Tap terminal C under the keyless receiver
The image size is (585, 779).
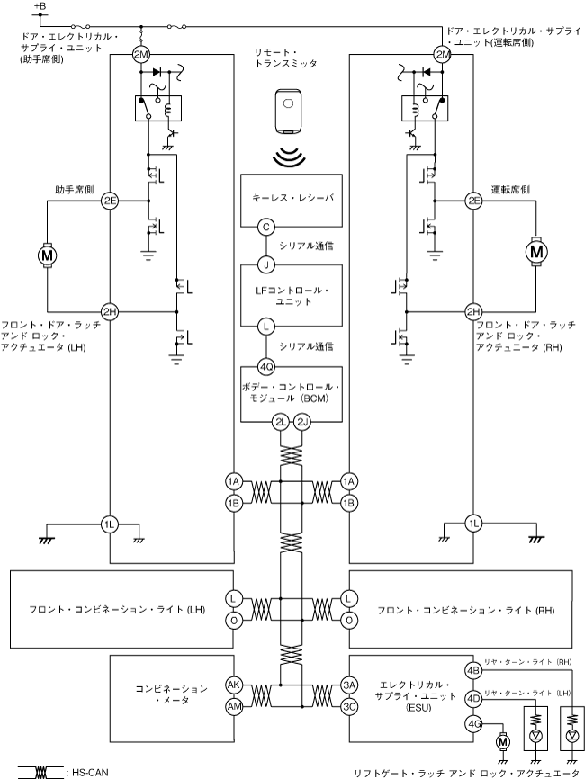point(266,228)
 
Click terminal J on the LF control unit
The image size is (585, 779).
point(266,264)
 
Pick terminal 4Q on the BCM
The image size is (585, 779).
point(266,367)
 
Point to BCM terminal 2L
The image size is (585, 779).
point(282,421)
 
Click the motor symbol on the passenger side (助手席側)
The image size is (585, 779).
point(46,255)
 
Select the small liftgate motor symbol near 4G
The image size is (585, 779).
point(502,739)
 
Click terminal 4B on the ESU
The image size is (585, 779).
point(473,671)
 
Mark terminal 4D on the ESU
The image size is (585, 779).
point(473,696)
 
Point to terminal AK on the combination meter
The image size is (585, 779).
point(235,684)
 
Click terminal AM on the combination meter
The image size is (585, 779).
point(235,706)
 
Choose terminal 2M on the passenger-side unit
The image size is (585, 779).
point(141,55)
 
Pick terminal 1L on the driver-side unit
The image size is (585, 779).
point(473,524)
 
